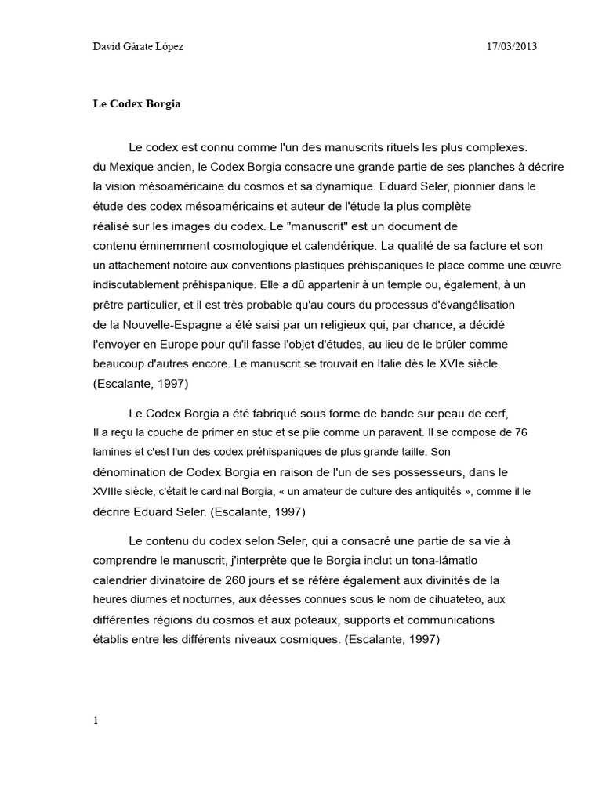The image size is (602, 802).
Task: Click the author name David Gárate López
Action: point(138,47)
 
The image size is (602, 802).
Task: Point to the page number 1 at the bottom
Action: point(96,721)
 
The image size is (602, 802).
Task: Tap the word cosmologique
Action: point(258,246)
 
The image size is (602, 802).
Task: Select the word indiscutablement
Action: point(138,285)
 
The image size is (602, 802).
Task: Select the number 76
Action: point(519,432)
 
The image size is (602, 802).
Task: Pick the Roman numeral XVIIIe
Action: point(113,491)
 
